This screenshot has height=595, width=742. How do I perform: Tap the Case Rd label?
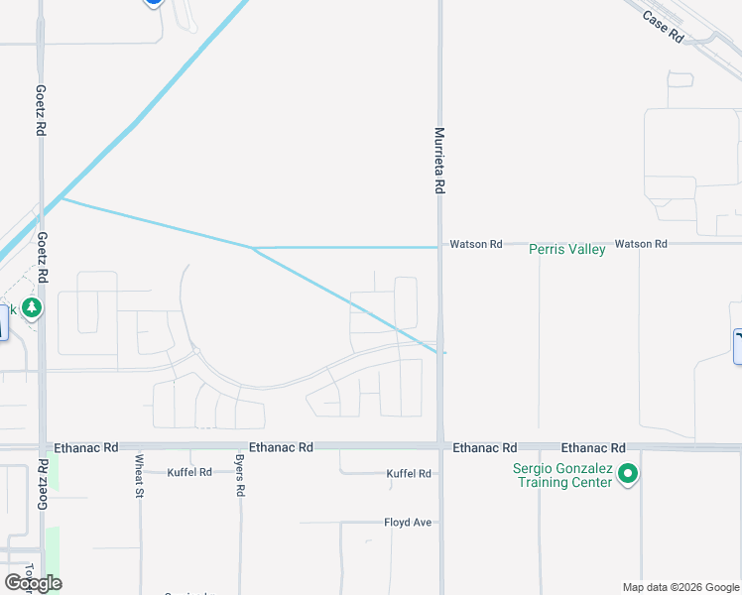coord(664,27)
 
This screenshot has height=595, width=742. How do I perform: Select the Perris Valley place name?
coord(566,250)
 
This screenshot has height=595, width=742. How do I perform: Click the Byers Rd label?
coord(240,478)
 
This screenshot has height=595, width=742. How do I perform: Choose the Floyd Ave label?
coord(408,522)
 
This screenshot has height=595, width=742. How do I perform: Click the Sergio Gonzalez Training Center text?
coord(562,475)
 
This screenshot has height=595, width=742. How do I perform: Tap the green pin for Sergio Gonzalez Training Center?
coord(626,474)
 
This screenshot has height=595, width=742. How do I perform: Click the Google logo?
coord(33,583)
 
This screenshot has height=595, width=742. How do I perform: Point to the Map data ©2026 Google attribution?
coord(680,587)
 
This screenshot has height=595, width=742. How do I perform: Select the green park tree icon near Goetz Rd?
coord(32,308)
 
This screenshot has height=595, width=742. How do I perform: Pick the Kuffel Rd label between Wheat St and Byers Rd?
coord(189,472)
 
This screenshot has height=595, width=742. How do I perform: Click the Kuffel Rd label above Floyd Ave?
coord(408,474)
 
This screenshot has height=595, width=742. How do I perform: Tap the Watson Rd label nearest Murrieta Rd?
coord(476,243)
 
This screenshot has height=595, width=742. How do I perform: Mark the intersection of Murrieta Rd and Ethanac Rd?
coord(439,447)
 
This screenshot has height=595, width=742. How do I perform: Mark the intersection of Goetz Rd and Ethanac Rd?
coord(42,447)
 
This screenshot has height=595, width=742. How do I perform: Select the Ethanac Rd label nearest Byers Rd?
coord(282,448)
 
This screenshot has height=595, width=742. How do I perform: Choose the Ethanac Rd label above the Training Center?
coord(593,448)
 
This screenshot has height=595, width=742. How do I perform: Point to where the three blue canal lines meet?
coord(253,247)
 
